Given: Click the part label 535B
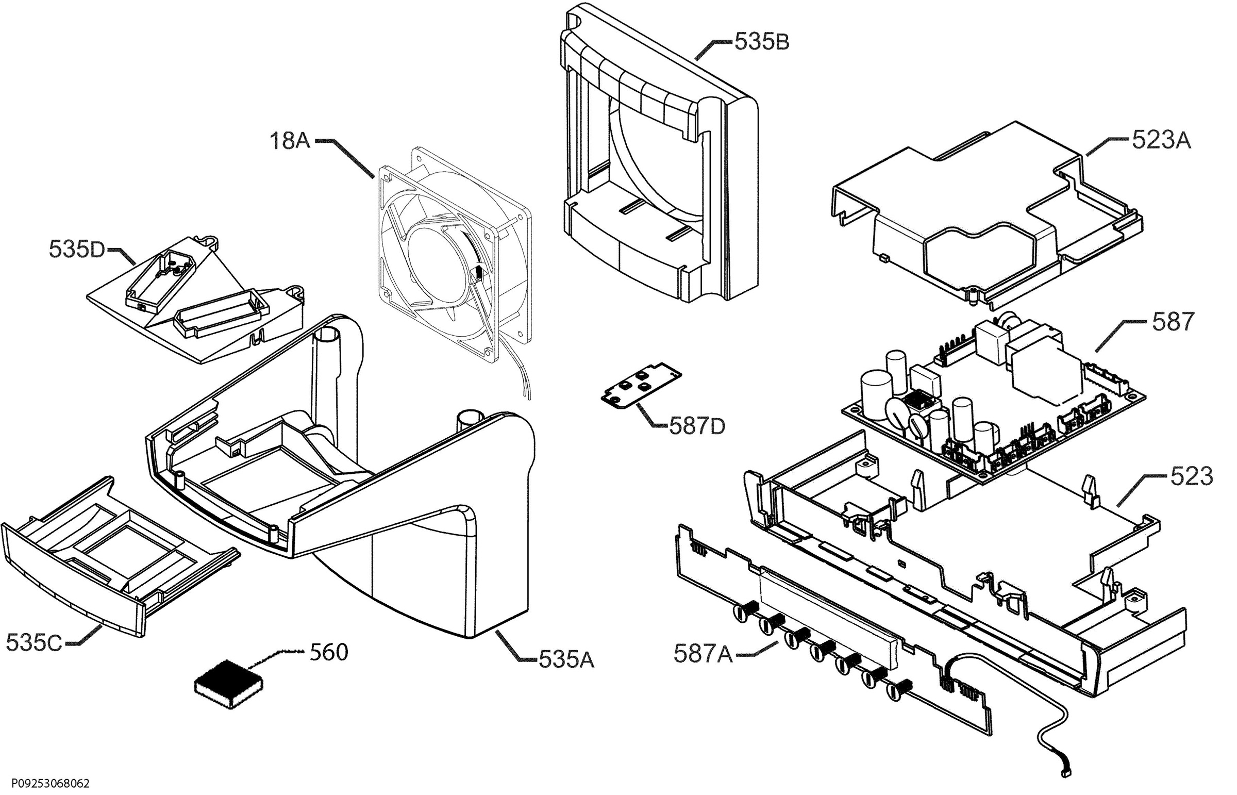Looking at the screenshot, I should point(762,42).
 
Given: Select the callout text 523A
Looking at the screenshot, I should point(1161,140).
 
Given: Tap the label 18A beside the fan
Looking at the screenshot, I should point(290,141).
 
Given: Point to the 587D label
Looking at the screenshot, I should point(697,426).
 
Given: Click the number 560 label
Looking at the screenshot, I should point(329,653).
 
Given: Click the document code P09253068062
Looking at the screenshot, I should point(45,784).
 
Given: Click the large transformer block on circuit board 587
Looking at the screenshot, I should point(1045,369).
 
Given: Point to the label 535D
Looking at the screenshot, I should point(76,250).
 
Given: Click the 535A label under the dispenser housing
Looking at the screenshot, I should point(566,660).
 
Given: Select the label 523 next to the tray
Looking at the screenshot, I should point(1191,476).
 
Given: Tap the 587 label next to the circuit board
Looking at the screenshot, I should point(1173,322).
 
